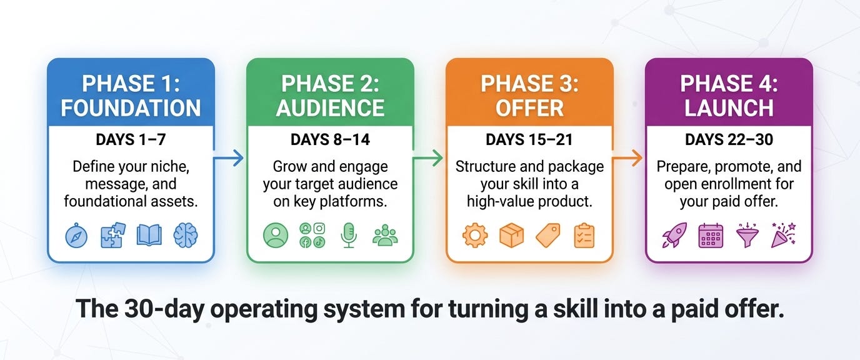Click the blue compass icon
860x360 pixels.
[76, 235]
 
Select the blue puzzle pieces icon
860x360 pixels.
[113, 235]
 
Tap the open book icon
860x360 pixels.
[149, 235]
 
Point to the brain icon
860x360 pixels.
[186, 235]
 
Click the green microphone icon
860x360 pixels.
[349, 235]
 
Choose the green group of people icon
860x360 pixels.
[385, 235]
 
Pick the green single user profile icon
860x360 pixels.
[276, 235]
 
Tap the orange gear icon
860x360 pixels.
[475, 235]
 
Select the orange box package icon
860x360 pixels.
[511, 235]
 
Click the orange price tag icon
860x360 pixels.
[548, 235]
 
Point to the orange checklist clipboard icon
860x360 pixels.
[584, 235]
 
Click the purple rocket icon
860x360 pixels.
[674, 235]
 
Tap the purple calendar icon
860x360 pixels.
[711, 235]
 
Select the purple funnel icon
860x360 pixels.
[747, 235]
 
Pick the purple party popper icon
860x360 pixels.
[784, 235]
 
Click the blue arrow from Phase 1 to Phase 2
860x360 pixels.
[229, 157]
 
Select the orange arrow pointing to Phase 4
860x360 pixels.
[627, 157]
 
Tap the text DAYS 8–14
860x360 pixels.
[330, 140]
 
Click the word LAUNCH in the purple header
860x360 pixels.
[729, 107]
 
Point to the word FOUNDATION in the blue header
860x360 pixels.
[131, 107]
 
